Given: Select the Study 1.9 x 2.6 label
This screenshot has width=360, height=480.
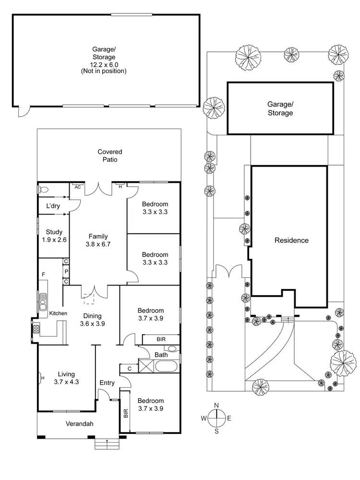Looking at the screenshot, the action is [51, 236].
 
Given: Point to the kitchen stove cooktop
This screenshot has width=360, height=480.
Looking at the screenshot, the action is [36, 330].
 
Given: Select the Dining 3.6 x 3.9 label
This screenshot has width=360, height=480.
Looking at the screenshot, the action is [93, 320].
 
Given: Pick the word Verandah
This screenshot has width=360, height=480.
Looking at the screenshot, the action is [79, 424].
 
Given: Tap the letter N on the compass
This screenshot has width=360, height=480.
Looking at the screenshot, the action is [216, 405].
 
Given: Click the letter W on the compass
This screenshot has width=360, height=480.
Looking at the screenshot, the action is [204, 418].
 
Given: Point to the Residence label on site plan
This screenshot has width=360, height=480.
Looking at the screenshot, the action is [291, 240].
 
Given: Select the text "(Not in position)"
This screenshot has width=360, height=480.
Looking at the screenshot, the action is [104, 71].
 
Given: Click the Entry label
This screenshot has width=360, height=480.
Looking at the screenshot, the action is [107, 383].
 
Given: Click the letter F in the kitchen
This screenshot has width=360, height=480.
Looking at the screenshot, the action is [43, 275].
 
